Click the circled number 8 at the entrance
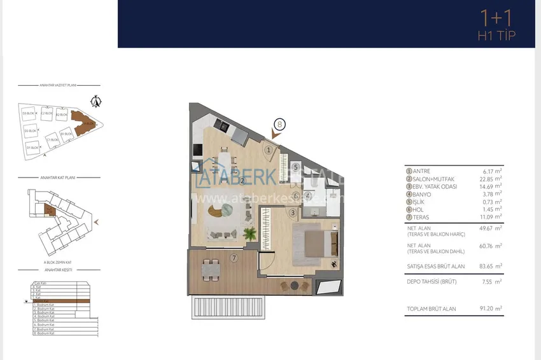279,125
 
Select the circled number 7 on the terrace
234,258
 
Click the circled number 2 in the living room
242,180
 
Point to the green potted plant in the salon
249,233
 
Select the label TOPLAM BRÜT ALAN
431,309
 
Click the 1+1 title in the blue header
496,18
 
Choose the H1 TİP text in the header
496,36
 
